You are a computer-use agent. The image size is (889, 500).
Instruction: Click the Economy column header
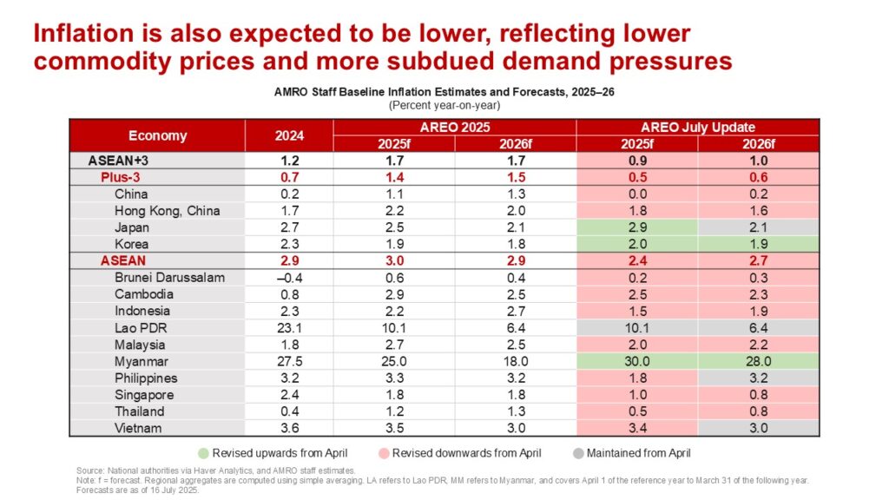[157, 135]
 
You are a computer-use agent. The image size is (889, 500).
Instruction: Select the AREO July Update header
[697, 128]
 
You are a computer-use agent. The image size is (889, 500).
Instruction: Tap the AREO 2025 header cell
[454, 128]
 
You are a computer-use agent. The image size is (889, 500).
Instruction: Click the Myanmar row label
[142, 361]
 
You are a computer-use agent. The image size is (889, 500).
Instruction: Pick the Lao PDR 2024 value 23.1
[288, 327]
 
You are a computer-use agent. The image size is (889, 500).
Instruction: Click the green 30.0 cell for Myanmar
[636, 361]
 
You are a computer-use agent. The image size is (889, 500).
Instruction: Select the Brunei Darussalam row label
[169, 278]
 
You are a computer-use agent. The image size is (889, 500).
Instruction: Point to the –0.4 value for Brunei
[288, 278]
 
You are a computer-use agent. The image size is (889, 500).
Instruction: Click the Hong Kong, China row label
[167, 211]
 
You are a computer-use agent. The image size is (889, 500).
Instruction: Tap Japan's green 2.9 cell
[636, 227]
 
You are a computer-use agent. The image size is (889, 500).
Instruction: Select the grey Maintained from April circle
[577, 452]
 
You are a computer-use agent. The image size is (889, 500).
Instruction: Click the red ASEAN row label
[123, 260]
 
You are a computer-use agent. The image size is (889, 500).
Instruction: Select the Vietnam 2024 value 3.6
[288, 428]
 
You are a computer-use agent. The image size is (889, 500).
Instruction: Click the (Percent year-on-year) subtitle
[444, 105]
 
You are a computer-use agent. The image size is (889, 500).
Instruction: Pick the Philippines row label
[146, 378]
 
